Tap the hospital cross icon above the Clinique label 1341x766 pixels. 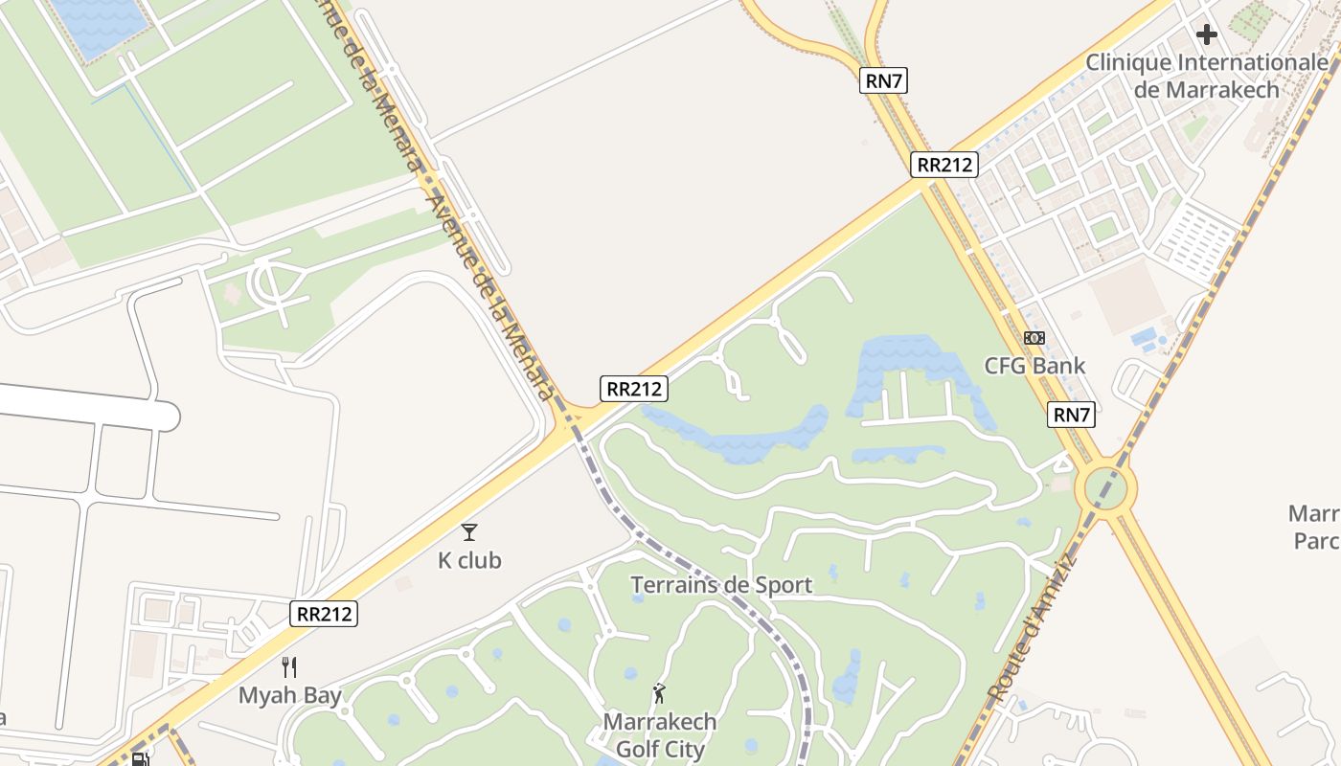[x=1206, y=35]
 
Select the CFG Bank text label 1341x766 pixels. [x=1034, y=366]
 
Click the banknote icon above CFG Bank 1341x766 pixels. [x=1034, y=338]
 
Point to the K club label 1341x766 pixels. [x=469, y=560]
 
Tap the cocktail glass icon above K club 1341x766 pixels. [x=469, y=532]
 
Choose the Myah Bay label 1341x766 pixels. [x=289, y=695]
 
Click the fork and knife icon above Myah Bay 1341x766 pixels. [x=289, y=667]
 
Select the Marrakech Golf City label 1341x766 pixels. [x=660, y=734]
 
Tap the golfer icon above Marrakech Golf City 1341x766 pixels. [x=659, y=693]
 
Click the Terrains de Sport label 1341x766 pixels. [x=721, y=585]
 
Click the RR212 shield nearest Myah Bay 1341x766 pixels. [x=324, y=614]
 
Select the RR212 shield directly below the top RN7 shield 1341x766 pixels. [x=943, y=165]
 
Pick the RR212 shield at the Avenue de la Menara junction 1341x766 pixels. [x=634, y=389]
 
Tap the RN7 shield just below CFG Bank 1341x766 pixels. [x=1072, y=415]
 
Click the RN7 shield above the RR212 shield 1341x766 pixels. [x=883, y=81]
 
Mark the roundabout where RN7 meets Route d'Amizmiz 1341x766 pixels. [x=1105, y=488]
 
